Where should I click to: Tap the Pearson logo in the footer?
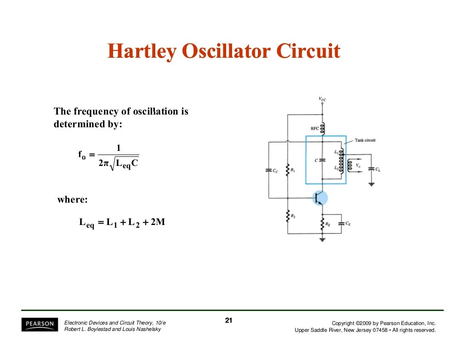pyautogui.click(x=40, y=324)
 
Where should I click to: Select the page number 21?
pyautogui.click(x=229, y=321)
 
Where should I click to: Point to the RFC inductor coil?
pyautogui.click(x=322, y=129)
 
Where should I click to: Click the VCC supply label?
pyautogui.click(x=322, y=99)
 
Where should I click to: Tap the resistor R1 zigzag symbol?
pyautogui.click(x=287, y=171)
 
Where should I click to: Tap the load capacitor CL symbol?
pyautogui.click(x=371, y=168)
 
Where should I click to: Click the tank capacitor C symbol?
pyautogui.click(x=322, y=160)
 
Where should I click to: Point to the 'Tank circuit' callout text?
pyautogui.click(x=365, y=140)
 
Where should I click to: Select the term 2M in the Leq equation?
pyautogui.click(x=157, y=222)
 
